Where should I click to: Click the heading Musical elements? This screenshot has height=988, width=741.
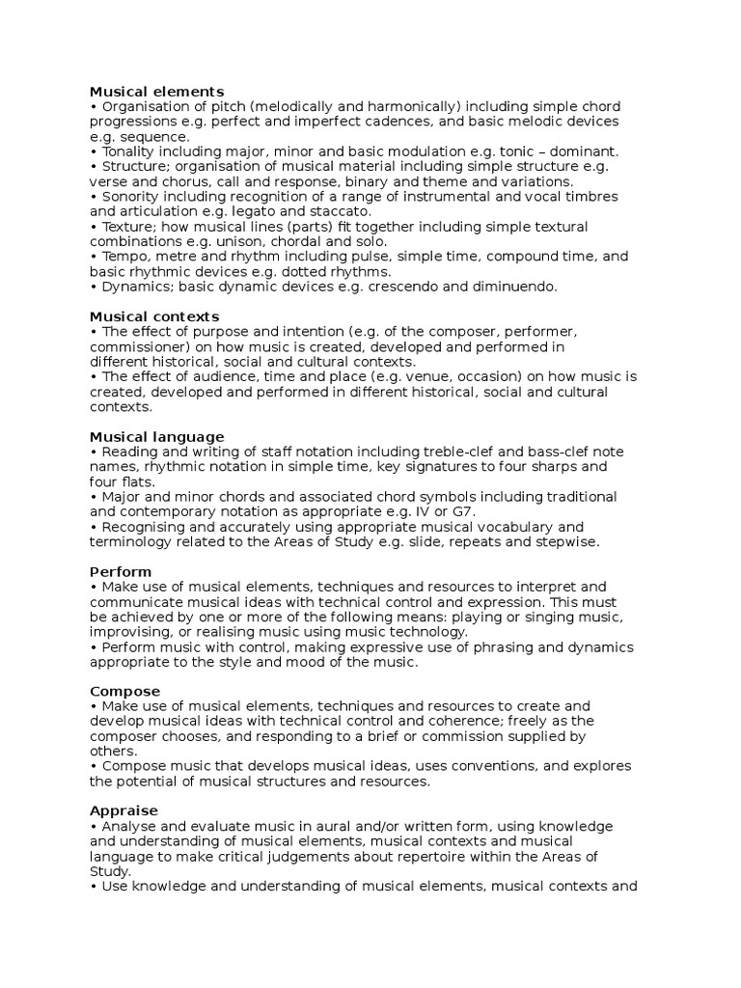156,92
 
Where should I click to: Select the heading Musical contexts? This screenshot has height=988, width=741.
154,316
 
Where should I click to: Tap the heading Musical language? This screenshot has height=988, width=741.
156,437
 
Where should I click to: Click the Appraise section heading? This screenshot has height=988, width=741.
123,811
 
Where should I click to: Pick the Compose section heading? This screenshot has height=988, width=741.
124,692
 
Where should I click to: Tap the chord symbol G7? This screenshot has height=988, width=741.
461,511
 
